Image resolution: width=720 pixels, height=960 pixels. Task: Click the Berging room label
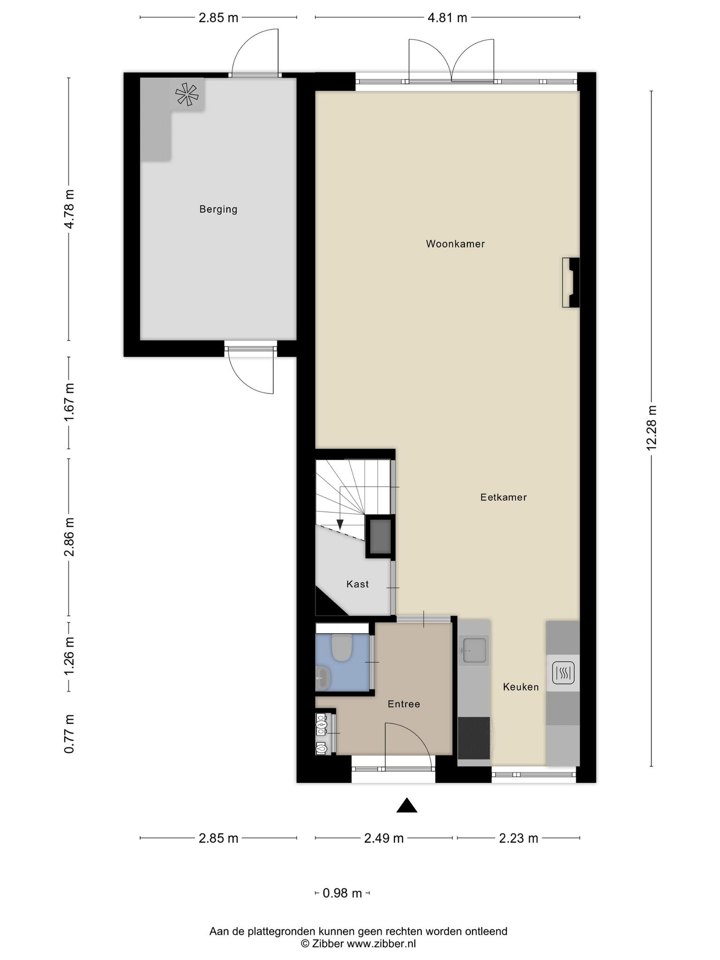coord(218,209)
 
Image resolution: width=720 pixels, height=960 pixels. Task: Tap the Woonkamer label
coord(455,244)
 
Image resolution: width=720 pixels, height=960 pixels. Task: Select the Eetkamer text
coord(503,497)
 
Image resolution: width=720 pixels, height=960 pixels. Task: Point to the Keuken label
coord(521,687)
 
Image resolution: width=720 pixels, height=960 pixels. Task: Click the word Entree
coord(404,704)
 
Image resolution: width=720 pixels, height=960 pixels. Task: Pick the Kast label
coord(358,584)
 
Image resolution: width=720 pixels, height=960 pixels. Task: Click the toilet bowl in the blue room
coord(341,648)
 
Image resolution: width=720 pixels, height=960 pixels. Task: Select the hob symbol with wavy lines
coord(563,673)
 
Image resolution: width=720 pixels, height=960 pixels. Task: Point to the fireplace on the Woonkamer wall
coord(571,283)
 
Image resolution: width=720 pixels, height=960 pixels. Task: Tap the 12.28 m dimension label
coord(652,428)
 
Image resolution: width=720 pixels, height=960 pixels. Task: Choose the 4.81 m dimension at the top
coord(448,18)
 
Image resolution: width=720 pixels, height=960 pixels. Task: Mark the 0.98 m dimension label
coord(342,893)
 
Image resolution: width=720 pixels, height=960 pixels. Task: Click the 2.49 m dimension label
coord(384,838)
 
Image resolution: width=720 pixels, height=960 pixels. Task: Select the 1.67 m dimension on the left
coord(69,402)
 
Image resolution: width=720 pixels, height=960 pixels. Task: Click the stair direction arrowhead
coord(340,525)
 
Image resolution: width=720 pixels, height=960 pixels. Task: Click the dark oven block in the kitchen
coord(474,738)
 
